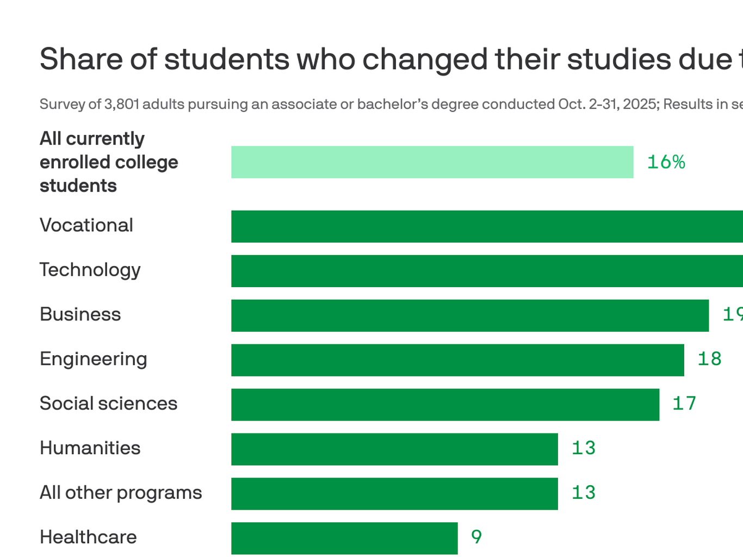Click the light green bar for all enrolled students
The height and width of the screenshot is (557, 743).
pyautogui.click(x=432, y=162)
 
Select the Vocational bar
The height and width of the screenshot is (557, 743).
pyautogui.click(x=487, y=226)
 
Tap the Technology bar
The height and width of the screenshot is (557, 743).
pyautogui.click(x=487, y=271)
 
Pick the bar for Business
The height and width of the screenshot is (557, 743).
pyautogui.click(x=470, y=315)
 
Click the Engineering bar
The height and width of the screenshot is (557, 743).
pyautogui.click(x=457, y=360)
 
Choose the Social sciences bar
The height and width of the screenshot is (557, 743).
pyautogui.click(x=445, y=405)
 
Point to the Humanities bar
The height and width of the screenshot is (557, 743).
pyautogui.click(x=394, y=449)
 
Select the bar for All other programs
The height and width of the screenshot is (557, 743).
pyautogui.click(x=394, y=494)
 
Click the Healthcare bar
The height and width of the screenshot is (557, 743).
pyautogui.click(x=344, y=539)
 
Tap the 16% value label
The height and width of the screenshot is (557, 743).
pyautogui.click(x=666, y=162)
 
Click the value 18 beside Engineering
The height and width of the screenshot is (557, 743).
pyautogui.click(x=709, y=359)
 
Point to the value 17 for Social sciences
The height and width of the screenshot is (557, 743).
pyautogui.click(x=684, y=404)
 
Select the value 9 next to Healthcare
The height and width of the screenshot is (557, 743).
pyautogui.click(x=476, y=537)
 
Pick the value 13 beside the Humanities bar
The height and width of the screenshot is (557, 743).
pyautogui.click(x=584, y=448)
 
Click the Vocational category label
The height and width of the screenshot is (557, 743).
pyautogui.click(x=86, y=225)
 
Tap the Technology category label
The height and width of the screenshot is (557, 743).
pyautogui.click(x=90, y=270)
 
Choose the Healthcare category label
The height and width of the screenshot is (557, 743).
pyautogui.click(x=88, y=537)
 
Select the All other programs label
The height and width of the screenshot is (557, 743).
pyautogui.click(x=121, y=493)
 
